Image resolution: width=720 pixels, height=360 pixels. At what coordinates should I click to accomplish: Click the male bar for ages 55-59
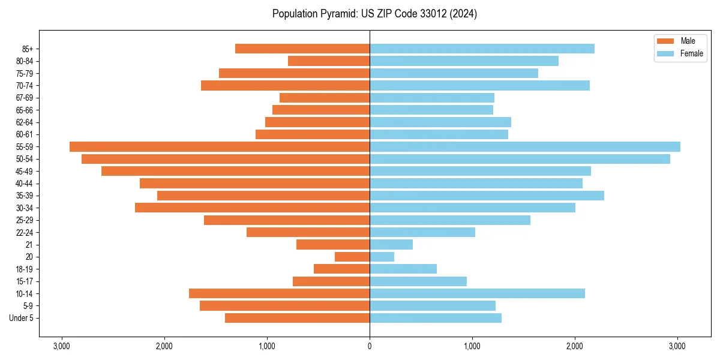220,147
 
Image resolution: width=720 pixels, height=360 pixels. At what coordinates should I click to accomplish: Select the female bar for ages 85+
482,49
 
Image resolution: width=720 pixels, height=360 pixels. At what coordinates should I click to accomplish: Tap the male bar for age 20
352,257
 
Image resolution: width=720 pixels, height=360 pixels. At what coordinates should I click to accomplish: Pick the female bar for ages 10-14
477,293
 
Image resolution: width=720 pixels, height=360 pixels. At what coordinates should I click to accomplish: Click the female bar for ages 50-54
520,159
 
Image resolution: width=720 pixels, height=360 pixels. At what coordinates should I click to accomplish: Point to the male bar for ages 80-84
329,61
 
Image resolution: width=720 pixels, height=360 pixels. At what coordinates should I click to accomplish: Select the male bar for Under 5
297,318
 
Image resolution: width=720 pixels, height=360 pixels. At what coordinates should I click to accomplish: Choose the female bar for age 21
391,245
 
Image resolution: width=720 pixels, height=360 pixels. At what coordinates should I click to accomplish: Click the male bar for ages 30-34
252,208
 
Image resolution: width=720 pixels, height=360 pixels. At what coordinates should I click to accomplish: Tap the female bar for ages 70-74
479,86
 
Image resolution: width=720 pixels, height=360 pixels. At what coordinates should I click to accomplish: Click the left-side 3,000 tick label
61,347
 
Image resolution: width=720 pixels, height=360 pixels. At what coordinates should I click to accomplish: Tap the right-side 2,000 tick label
575,347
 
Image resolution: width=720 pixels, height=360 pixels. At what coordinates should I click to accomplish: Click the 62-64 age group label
24,122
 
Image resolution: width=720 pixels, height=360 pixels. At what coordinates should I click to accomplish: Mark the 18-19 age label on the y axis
24,269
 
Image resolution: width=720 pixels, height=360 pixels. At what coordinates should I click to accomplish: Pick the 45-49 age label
24,172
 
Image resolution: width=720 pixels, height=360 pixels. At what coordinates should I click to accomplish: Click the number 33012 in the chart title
423,14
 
